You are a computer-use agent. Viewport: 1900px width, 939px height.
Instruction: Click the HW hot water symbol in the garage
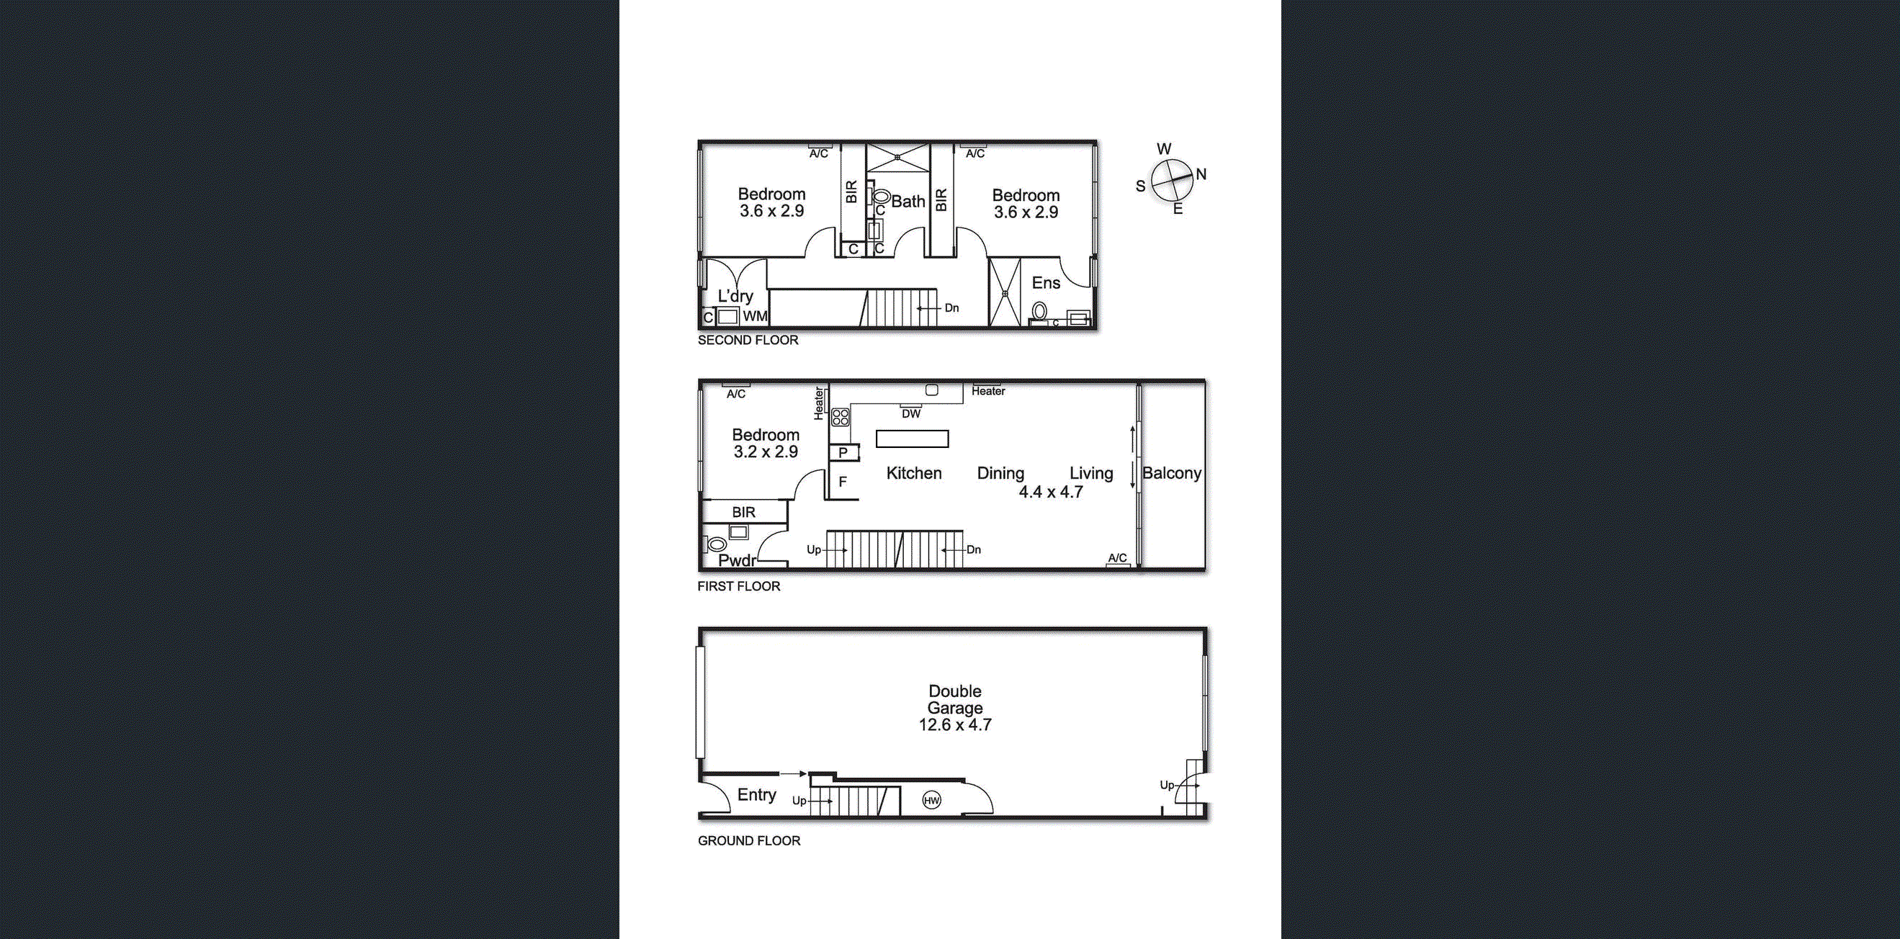(931, 800)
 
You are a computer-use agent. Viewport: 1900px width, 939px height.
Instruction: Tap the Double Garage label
(955, 699)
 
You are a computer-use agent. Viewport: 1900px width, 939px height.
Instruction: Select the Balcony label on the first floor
(1171, 473)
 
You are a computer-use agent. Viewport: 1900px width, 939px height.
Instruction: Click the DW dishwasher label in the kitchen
(911, 414)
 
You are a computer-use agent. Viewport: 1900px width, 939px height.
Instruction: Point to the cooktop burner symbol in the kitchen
(840, 418)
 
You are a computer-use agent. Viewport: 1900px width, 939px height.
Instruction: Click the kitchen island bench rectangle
(912, 439)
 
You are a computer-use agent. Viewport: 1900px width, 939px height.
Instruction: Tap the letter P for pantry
(843, 453)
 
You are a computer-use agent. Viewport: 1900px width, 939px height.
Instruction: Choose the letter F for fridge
(842, 482)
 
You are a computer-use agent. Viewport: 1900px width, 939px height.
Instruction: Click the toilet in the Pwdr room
(715, 545)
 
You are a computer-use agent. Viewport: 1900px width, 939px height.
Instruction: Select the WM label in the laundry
(756, 316)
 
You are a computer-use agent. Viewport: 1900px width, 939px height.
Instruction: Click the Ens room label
(1046, 282)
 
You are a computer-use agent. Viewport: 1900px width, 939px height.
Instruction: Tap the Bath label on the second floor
(908, 201)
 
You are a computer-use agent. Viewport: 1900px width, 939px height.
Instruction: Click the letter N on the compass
(1201, 174)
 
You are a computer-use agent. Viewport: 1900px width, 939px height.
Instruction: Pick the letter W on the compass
(1164, 149)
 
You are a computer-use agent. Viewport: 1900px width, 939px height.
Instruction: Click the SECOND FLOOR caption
(748, 340)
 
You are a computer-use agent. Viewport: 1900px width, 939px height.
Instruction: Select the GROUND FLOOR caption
(748, 840)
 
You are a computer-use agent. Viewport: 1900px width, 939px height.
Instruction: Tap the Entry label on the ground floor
(757, 794)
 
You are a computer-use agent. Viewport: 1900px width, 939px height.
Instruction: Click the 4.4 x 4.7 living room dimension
(1050, 492)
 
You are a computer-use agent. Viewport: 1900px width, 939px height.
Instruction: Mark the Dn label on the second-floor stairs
(951, 307)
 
